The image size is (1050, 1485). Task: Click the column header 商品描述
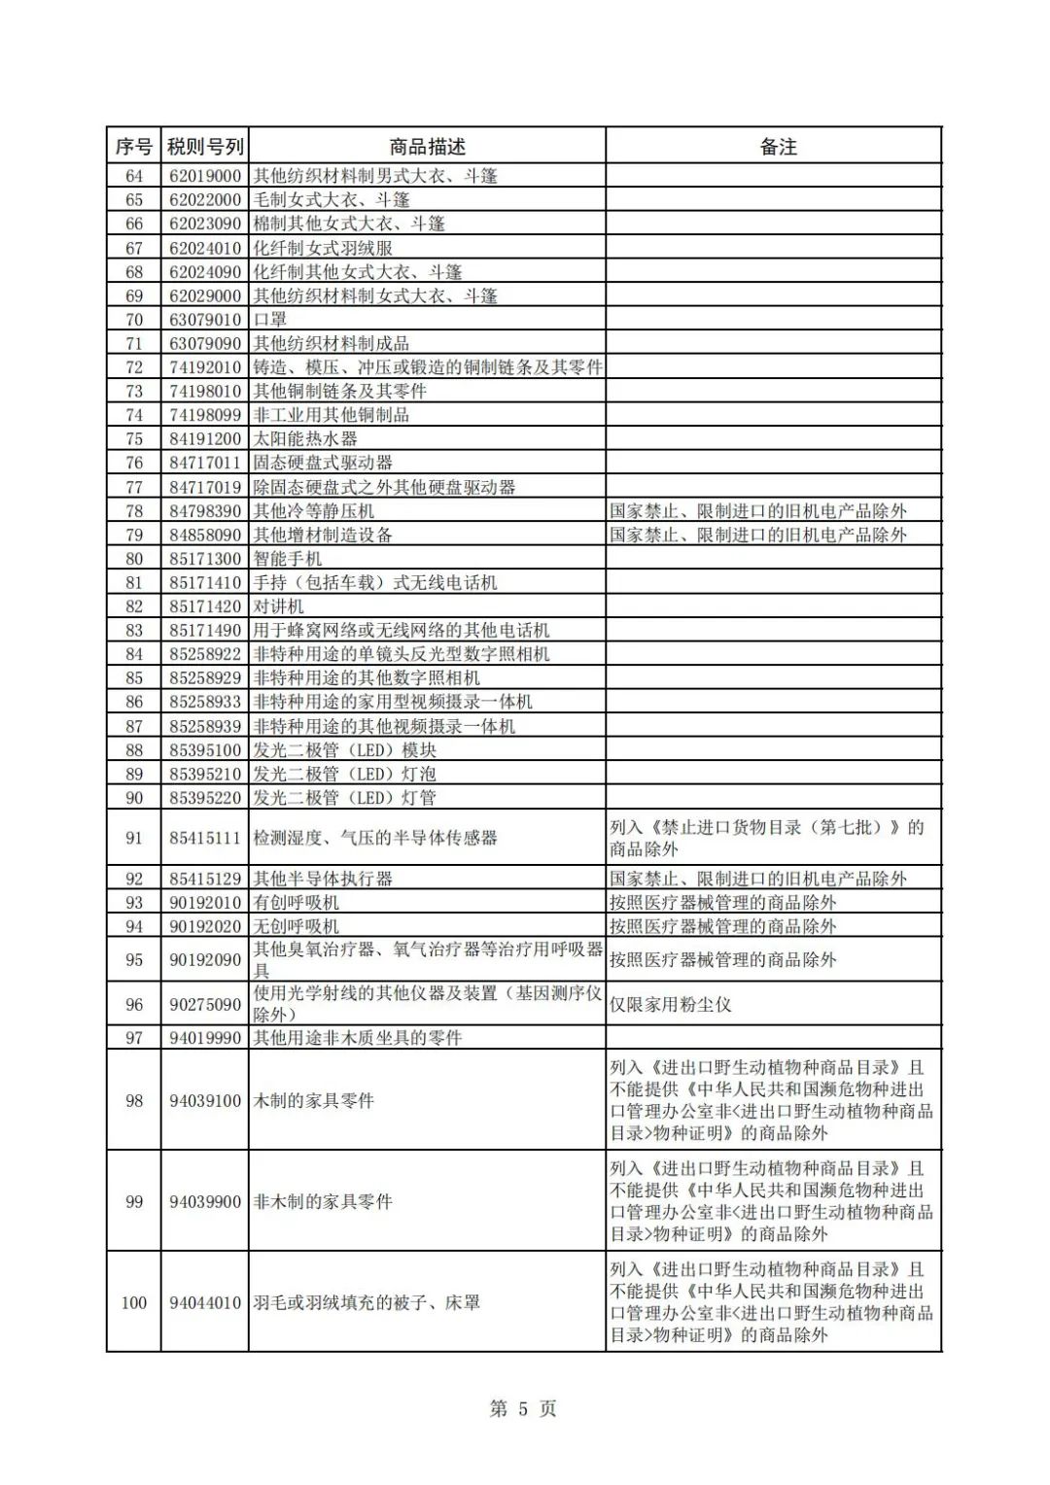tap(427, 147)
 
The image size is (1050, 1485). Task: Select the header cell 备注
tap(778, 147)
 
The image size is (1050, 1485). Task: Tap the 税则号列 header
tap(205, 147)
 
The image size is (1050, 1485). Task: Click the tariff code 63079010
tap(205, 320)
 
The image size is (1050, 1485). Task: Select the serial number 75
tap(134, 439)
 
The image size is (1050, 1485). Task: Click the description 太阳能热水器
tap(305, 439)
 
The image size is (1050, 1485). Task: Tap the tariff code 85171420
tap(205, 606)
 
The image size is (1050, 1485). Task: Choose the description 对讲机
tap(279, 606)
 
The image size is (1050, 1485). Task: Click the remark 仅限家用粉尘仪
tap(670, 1004)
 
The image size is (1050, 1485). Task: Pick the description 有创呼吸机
tap(297, 903)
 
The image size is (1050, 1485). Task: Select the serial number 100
tap(134, 1302)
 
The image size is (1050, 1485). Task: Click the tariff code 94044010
tap(205, 1302)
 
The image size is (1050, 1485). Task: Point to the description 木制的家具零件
tap(314, 1100)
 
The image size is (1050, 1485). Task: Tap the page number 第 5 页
tap(523, 1409)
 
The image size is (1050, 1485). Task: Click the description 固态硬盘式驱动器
tap(323, 463)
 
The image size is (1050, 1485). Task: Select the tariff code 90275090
tap(205, 1004)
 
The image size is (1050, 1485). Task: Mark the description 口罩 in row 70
tap(270, 320)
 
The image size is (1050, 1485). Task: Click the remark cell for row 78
tap(758, 511)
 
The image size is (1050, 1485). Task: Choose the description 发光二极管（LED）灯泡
tap(344, 775)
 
